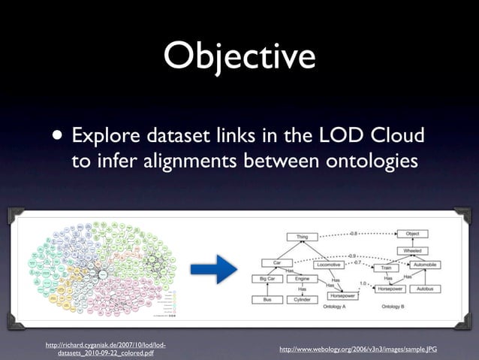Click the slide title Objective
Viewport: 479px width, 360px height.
[x=239, y=57]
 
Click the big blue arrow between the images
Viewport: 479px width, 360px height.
[x=214, y=269]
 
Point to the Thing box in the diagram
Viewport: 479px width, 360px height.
[x=302, y=237]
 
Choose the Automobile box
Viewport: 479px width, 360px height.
[x=425, y=265]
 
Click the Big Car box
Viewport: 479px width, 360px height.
[x=267, y=279]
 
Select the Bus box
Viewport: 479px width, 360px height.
[x=267, y=300]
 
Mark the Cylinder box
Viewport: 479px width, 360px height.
[x=302, y=300]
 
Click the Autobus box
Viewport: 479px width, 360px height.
[x=425, y=288]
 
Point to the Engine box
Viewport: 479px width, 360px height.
[x=302, y=279]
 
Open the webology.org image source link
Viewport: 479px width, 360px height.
[x=357, y=350]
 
